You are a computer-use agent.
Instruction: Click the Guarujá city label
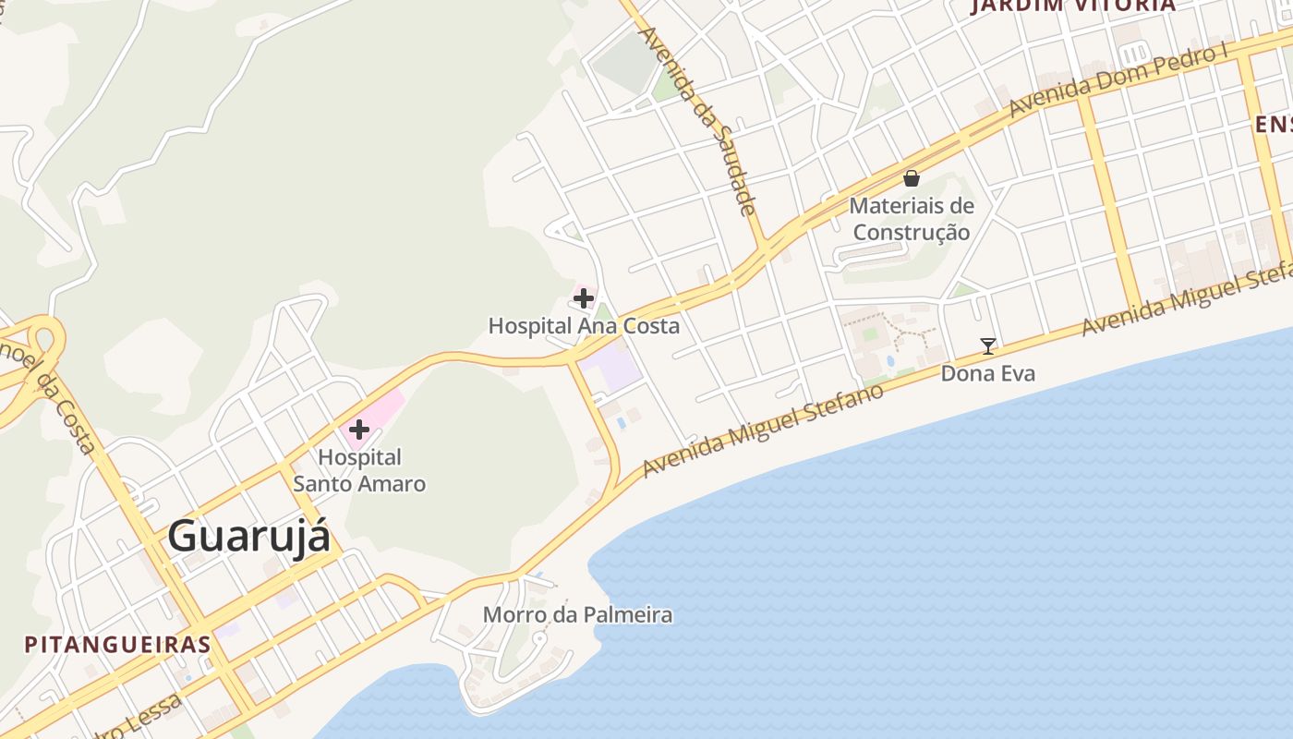click(x=248, y=536)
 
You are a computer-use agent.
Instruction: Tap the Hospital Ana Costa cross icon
click(x=584, y=298)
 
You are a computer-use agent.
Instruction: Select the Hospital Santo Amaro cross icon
click(x=359, y=430)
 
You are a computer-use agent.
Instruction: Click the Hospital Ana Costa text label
click(x=584, y=326)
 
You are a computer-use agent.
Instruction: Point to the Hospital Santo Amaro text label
click(x=359, y=470)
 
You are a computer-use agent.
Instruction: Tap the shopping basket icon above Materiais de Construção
click(x=912, y=178)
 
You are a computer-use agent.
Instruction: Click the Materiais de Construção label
click(x=912, y=219)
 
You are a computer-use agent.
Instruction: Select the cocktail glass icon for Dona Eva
click(x=988, y=346)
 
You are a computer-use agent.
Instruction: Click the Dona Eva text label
click(x=988, y=373)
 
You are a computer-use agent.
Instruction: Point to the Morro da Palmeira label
click(x=578, y=615)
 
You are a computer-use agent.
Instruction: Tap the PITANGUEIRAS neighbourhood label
click(x=118, y=644)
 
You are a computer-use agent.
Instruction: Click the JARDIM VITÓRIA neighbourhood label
click(x=1073, y=6)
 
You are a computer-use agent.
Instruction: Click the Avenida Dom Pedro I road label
click(x=1118, y=80)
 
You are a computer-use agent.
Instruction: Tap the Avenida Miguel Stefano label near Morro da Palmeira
click(x=763, y=430)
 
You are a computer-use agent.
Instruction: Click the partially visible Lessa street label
click(x=139, y=721)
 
